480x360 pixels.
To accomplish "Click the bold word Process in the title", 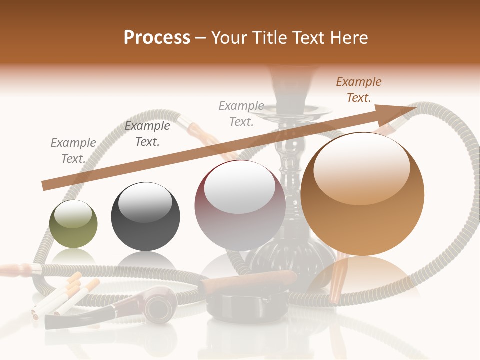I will (157, 37).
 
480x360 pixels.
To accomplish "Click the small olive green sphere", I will (73, 224).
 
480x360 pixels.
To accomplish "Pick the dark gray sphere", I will (145, 216).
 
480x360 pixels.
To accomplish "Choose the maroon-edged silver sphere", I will (240, 205).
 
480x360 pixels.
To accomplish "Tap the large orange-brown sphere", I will (362, 194).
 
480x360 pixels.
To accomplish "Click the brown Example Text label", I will (359, 90).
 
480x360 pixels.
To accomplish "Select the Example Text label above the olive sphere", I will (73, 151).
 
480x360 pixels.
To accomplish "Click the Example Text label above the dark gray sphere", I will (147, 134).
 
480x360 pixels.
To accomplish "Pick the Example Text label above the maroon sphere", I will (241, 114).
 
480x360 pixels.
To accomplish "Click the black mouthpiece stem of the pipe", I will (80, 320).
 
